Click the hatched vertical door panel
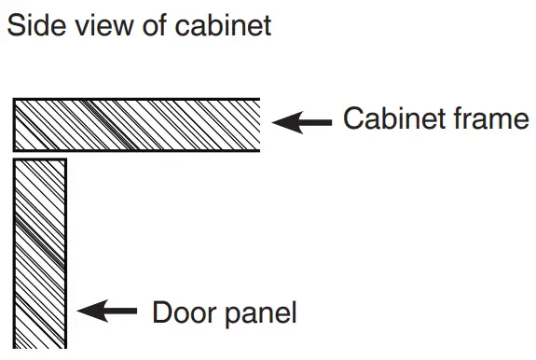[x=39, y=252]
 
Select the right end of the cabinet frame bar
[x=255, y=124]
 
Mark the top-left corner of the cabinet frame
[x=14, y=100]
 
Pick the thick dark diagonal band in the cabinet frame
[x=103, y=124]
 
